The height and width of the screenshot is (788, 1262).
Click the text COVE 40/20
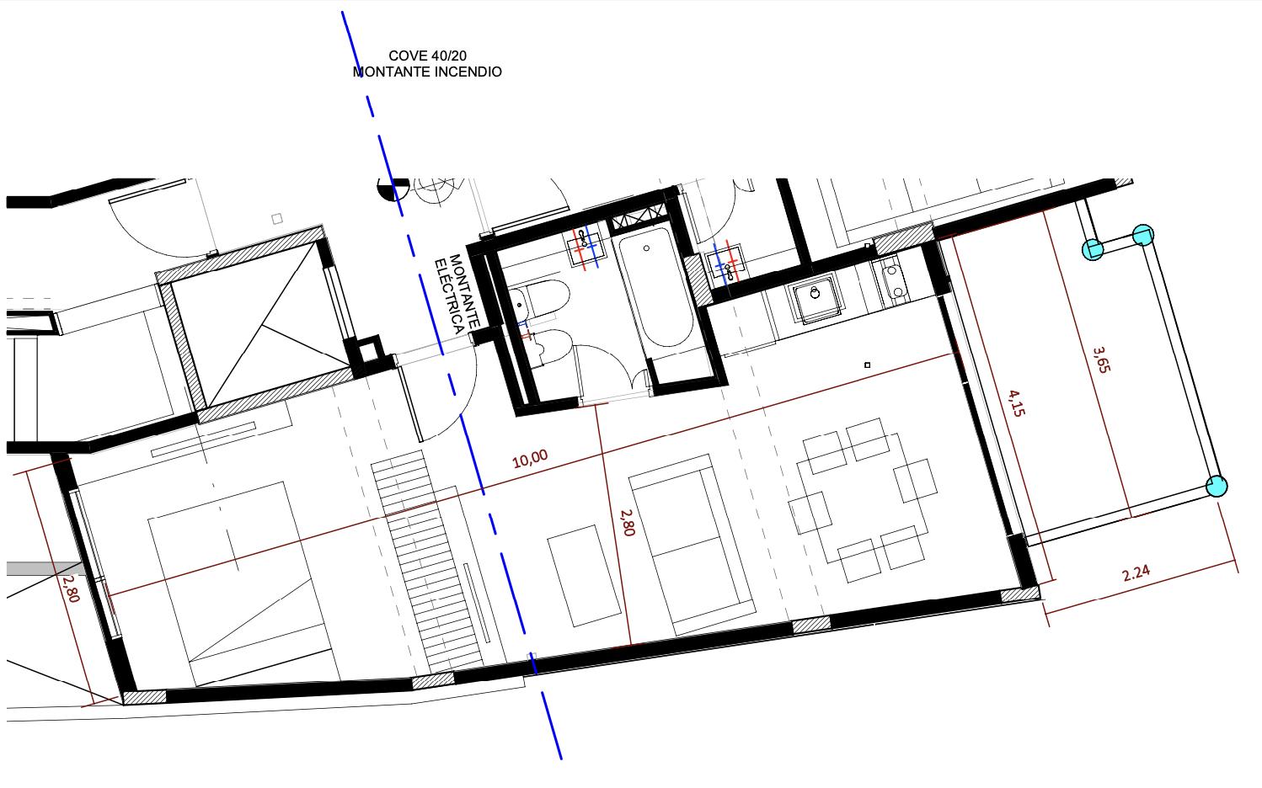point(428,56)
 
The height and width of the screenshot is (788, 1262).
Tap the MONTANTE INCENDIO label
point(427,72)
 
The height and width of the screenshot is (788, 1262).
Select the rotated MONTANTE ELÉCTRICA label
point(457,293)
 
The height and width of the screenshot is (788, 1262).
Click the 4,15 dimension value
point(1016,403)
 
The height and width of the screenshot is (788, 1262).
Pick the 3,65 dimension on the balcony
point(1101,359)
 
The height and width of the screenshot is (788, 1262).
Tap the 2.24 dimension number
point(1136,573)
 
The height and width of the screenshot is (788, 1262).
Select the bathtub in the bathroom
point(655,287)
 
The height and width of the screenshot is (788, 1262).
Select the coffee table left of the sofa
point(584,576)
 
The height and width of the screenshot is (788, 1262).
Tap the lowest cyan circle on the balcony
point(1217,487)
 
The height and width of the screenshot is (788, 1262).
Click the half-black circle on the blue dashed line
point(393,188)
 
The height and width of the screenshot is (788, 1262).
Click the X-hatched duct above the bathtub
point(639,216)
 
